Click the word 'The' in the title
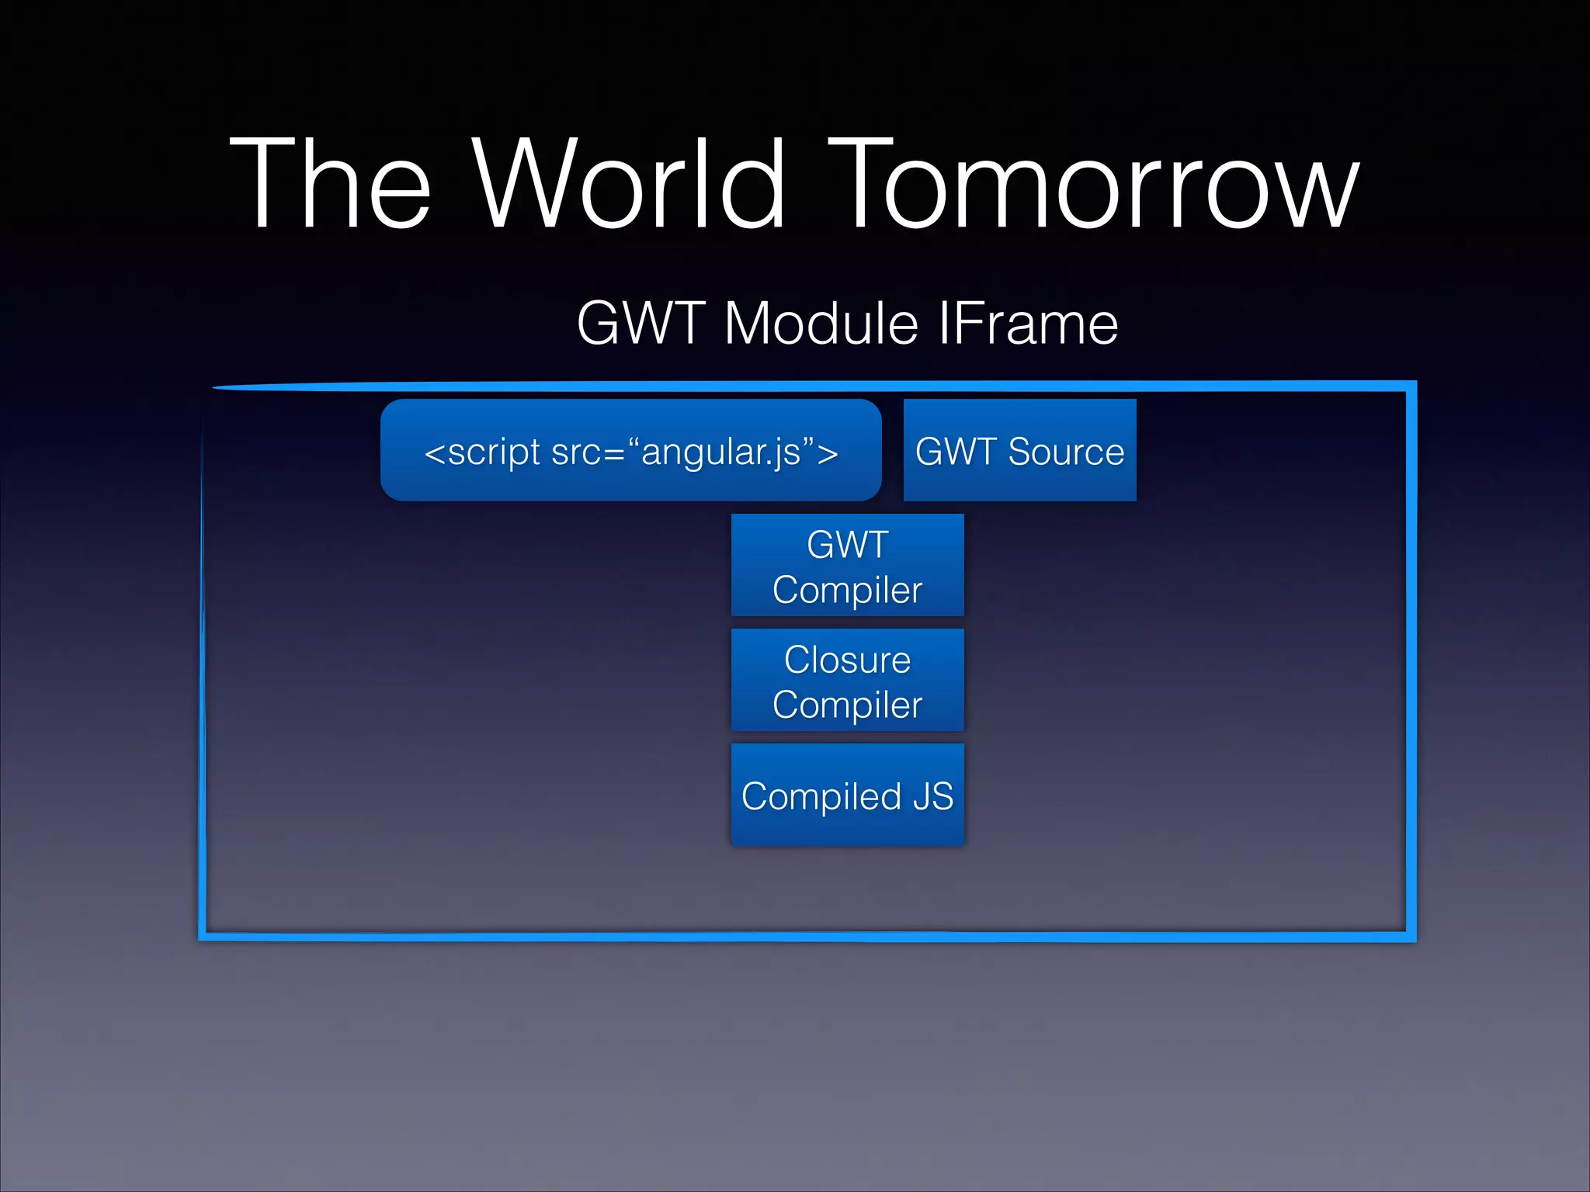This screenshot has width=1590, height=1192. (x=330, y=184)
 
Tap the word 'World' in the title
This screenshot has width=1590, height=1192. (x=629, y=184)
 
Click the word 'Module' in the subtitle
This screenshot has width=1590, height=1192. (x=821, y=323)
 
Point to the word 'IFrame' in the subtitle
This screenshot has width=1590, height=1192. (x=1028, y=323)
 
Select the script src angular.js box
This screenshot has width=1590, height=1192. (x=630, y=450)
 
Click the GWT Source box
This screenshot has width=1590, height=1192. (x=1019, y=450)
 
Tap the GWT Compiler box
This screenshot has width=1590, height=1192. (x=847, y=565)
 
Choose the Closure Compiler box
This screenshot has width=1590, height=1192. (x=847, y=680)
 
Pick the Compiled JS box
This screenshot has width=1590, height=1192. (x=847, y=795)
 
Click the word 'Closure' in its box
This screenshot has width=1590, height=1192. (x=847, y=660)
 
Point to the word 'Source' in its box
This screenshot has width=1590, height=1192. (x=1066, y=452)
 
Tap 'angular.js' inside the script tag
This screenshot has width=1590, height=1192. (x=721, y=452)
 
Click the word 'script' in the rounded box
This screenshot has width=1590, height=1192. (x=494, y=452)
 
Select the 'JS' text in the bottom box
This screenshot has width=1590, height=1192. (x=932, y=796)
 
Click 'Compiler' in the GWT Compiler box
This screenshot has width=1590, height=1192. (x=847, y=590)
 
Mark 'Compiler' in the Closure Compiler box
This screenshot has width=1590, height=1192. (x=847, y=705)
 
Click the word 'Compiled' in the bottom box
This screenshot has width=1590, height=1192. (x=821, y=796)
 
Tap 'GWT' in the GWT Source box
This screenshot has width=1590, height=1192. (x=956, y=452)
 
